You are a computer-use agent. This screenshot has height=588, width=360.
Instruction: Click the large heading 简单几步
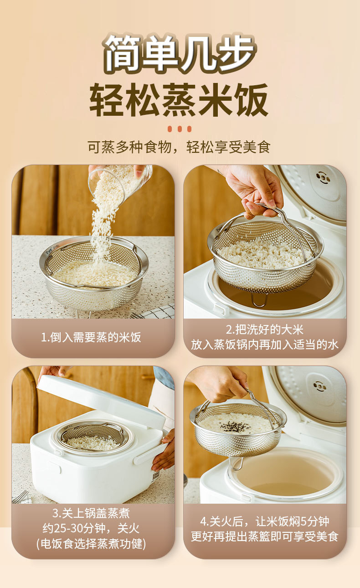click(180, 54)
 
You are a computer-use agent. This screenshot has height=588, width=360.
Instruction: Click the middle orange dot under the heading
click(180, 129)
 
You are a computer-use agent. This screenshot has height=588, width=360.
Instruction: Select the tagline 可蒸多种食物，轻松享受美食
click(179, 147)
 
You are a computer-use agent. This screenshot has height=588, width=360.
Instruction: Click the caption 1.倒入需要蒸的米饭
click(91, 337)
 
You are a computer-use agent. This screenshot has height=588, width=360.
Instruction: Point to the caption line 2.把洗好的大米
click(265, 330)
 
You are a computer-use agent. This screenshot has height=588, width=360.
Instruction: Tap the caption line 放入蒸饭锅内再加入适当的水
click(265, 345)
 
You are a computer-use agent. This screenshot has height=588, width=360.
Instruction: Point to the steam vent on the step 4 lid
click(319, 387)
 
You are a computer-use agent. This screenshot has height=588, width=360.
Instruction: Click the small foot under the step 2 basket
click(259, 300)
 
